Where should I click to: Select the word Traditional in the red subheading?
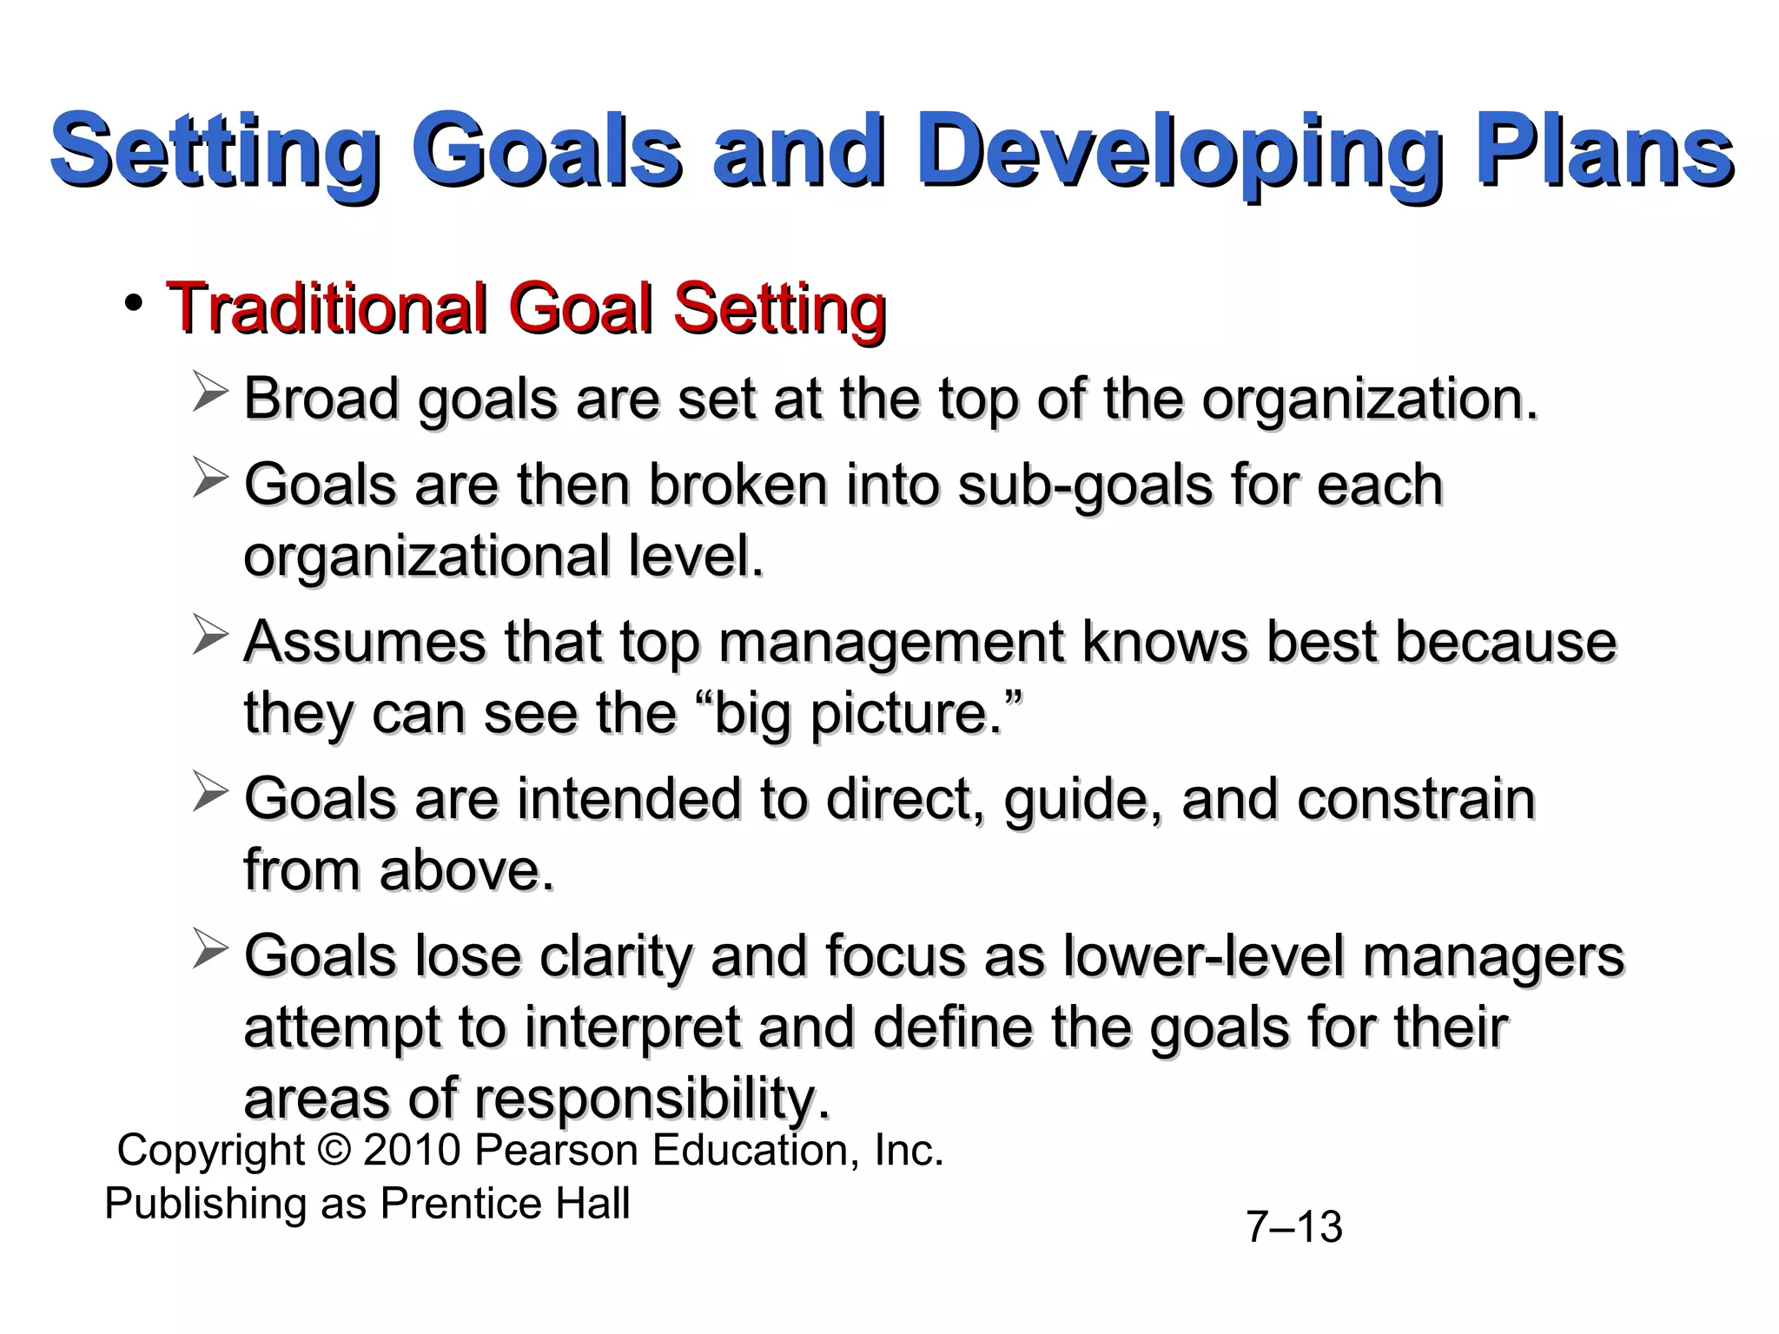point(327,307)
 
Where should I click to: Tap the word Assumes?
point(365,643)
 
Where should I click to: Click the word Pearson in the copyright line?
point(557,1151)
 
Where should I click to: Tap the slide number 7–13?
point(1294,1227)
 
